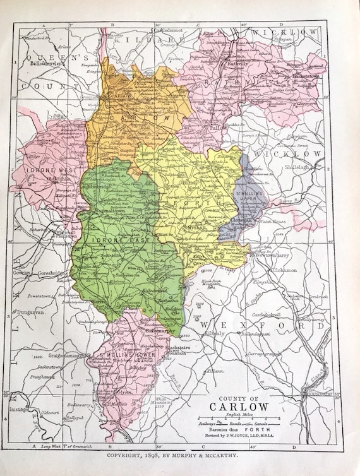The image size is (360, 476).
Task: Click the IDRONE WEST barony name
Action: [45, 171]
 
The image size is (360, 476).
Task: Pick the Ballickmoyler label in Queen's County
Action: [45, 64]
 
